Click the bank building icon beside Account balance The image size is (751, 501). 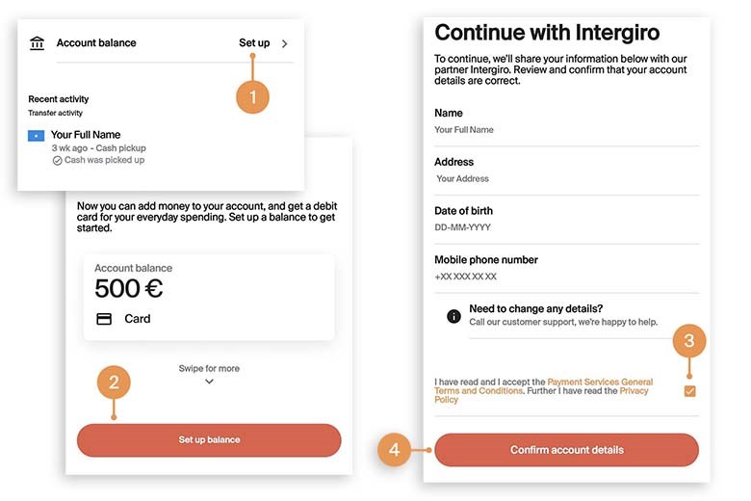[37, 43]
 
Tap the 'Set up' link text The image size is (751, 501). [254, 43]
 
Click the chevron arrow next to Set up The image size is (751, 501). [284, 43]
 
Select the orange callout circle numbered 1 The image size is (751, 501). [252, 97]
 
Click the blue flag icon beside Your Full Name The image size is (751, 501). [36, 136]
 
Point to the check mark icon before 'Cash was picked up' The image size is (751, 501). [57, 161]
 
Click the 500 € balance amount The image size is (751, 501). [128, 288]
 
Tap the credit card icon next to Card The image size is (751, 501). [104, 319]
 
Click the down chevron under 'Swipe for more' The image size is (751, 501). [209, 382]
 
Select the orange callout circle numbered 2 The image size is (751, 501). [114, 382]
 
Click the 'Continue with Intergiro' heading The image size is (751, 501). [547, 33]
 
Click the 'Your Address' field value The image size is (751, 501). [463, 179]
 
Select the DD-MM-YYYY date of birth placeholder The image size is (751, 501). [463, 227]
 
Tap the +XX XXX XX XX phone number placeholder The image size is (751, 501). [466, 277]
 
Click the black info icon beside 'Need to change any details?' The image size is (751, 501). [453, 316]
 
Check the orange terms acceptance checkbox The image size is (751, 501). [689, 391]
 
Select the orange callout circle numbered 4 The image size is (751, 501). [394, 450]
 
